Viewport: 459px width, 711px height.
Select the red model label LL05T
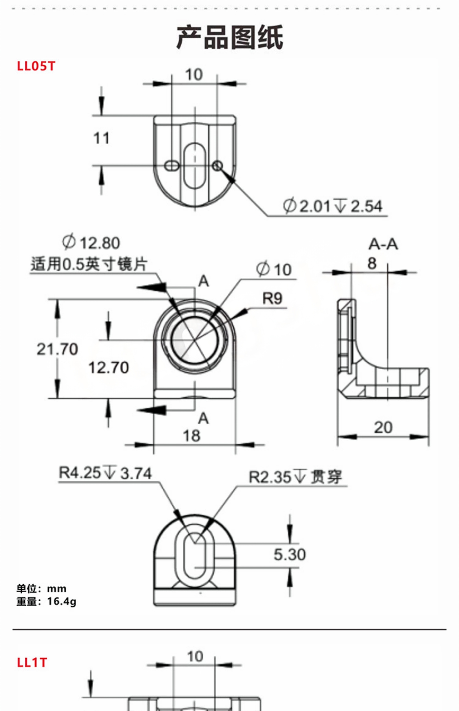(x=36, y=66)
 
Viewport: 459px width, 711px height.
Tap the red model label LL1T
(x=32, y=662)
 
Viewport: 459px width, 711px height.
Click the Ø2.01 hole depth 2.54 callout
(x=333, y=206)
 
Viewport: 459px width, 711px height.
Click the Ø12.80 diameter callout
(x=91, y=243)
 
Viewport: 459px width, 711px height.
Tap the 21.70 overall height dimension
(x=57, y=349)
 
